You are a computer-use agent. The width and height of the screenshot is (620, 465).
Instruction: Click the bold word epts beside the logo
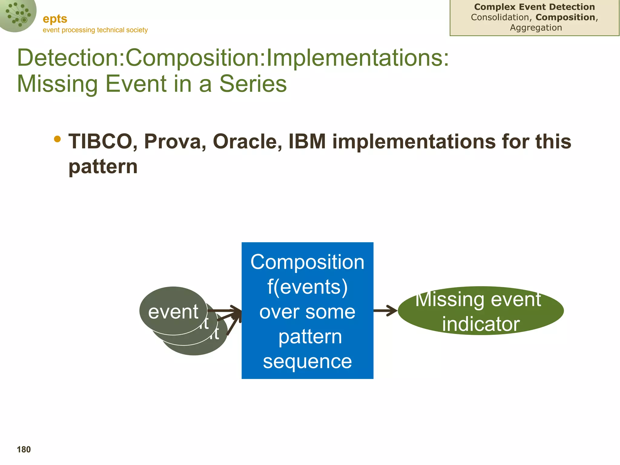[55, 19]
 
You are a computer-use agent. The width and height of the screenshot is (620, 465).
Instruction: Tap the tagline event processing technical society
[95, 30]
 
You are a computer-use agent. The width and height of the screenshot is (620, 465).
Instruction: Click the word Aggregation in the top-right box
[536, 28]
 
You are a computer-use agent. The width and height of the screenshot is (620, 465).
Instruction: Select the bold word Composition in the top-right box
[565, 17]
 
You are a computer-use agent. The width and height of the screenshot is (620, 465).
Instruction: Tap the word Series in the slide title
[253, 84]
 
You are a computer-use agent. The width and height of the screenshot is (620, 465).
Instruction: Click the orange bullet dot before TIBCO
[57, 139]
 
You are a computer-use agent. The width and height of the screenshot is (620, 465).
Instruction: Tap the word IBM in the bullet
[307, 141]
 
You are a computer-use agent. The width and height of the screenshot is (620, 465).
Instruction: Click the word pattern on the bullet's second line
[103, 167]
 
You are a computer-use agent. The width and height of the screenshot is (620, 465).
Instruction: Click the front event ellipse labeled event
[173, 311]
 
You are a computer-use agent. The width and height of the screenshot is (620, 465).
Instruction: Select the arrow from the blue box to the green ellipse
[385, 311]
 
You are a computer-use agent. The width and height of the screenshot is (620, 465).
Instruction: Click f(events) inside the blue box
[307, 287]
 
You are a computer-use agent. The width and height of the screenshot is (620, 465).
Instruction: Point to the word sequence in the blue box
[307, 361]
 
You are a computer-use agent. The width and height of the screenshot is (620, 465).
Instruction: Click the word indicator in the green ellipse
[481, 324]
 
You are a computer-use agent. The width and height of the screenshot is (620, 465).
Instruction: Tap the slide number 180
[24, 450]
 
